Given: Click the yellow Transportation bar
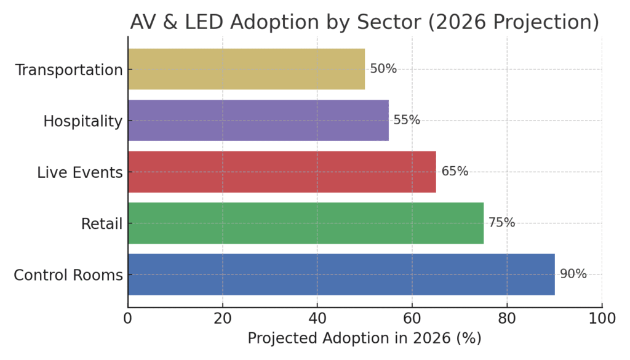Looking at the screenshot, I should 246,69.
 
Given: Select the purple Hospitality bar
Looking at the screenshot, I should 258,121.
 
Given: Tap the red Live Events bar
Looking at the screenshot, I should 282,172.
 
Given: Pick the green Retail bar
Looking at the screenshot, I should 306,223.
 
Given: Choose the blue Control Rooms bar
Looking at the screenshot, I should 341,274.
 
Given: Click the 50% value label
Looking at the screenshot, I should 383,69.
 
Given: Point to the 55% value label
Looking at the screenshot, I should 407,121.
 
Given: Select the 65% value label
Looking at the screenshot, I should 455,172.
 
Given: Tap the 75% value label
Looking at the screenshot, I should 502,223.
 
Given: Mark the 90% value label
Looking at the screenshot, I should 573,274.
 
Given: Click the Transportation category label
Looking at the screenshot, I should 69,70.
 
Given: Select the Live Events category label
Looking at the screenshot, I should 80,173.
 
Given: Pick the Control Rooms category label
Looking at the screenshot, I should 68,275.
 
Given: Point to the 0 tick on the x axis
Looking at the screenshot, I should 128,318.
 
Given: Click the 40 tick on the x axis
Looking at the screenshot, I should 317,318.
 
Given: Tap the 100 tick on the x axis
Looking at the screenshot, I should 602,318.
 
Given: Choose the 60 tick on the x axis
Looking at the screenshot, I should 412,318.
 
